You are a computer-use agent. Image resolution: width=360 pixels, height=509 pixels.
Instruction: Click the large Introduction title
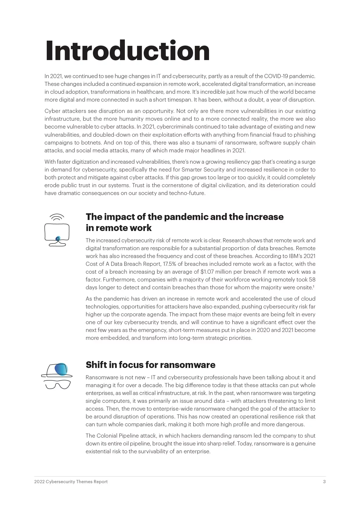[x=127, y=51]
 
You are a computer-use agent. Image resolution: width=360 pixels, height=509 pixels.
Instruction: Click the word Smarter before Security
[x=192, y=170]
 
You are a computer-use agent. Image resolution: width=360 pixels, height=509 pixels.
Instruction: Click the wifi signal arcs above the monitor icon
[x=57, y=217]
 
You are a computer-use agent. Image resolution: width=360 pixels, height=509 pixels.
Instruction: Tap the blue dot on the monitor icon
[x=58, y=238]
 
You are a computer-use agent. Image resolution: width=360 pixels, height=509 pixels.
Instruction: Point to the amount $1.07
[x=208, y=272]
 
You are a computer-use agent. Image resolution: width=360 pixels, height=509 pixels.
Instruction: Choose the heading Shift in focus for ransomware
[x=150, y=365]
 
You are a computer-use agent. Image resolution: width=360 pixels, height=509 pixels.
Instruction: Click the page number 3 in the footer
[x=324, y=482]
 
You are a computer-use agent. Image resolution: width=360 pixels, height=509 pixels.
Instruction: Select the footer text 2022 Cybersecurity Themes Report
[x=71, y=482]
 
